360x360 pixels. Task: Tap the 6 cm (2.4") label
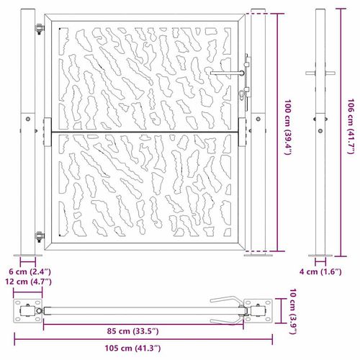click(30, 272)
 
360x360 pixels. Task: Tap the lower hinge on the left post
click(40, 235)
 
